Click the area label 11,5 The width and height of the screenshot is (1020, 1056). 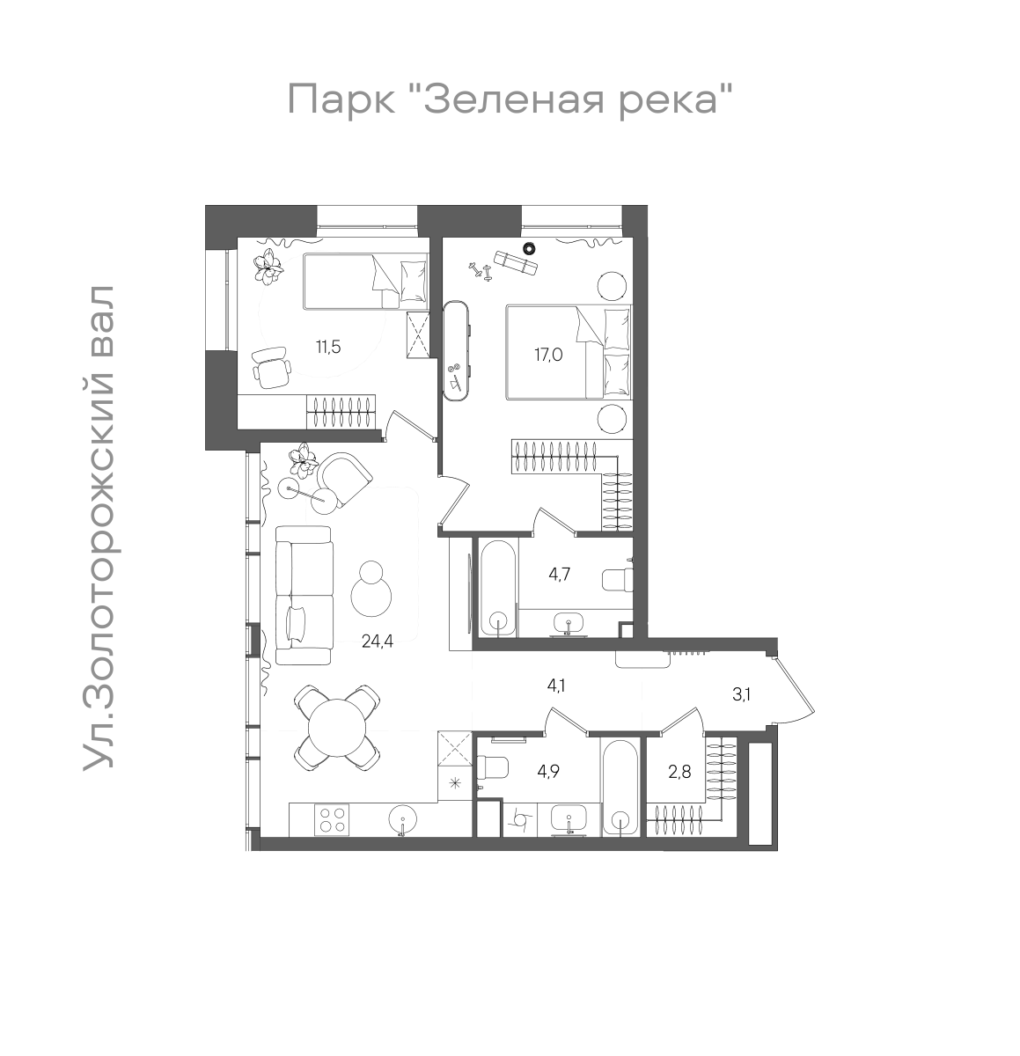click(328, 346)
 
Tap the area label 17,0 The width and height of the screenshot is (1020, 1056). click(547, 356)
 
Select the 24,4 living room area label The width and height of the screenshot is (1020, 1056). click(377, 642)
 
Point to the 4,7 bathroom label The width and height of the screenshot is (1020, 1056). click(561, 575)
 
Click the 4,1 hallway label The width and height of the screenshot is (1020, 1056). click(556, 686)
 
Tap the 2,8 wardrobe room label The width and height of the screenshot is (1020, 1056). click(679, 773)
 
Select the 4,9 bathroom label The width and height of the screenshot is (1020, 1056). click(548, 773)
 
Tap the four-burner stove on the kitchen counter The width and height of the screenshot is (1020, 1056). click(334, 820)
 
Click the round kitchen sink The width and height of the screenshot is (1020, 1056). click(402, 820)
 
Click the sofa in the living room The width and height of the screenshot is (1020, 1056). click(304, 595)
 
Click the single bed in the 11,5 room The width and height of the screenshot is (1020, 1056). click(365, 282)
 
